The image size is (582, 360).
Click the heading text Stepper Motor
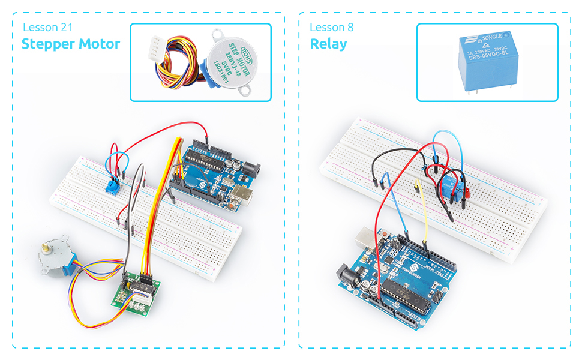coord(71,44)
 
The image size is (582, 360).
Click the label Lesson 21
coord(49,28)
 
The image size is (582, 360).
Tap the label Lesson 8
coord(332,28)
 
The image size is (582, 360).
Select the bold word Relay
coord(328,44)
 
